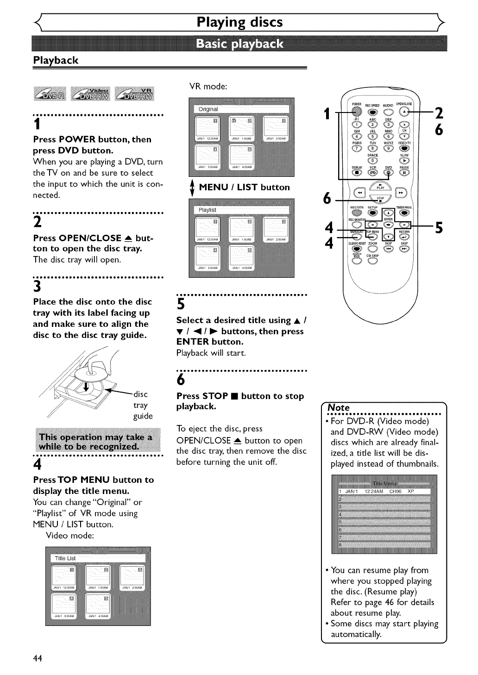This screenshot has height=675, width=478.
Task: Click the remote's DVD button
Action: (389, 173)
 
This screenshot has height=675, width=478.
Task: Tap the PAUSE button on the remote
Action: (405, 173)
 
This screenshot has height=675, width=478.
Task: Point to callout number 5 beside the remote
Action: (439, 228)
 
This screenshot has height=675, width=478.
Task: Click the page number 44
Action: (38, 659)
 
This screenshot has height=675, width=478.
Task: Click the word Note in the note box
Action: (339, 407)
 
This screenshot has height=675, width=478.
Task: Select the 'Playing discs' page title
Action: (239, 22)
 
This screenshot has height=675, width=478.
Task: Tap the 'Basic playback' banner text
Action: (239, 44)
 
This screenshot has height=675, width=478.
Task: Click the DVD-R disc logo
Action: (50, 94)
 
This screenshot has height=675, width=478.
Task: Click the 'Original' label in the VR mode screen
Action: (208, 109)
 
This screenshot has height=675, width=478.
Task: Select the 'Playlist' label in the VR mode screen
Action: (207, 210)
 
